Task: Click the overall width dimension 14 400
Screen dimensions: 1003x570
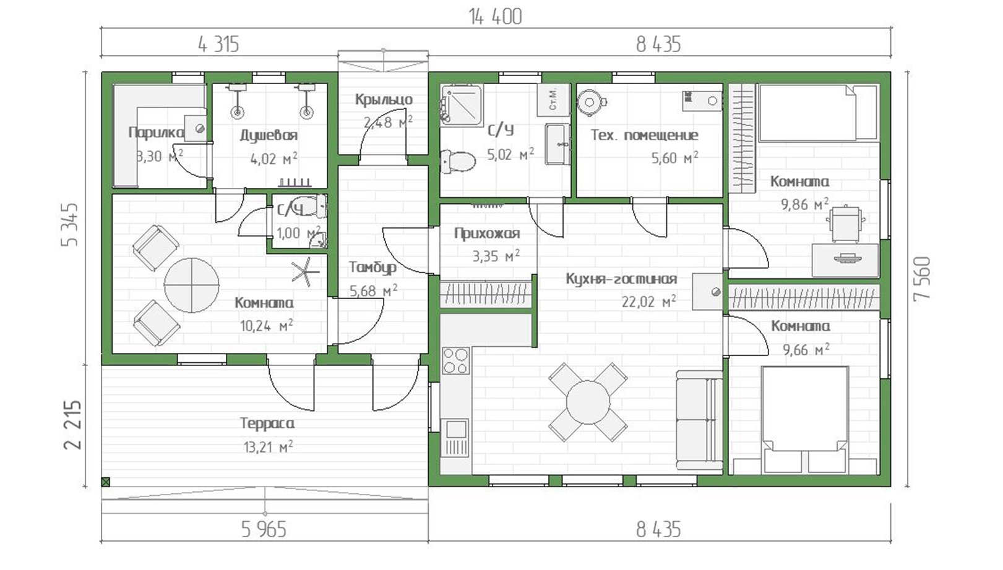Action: [x=495, y=17]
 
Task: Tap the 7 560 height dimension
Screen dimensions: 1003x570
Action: [x=923, y=279]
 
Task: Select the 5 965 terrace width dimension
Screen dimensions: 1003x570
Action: [x=264, y=530]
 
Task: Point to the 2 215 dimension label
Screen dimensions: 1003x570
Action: [x=72, y=425]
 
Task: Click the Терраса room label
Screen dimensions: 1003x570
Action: [x=267, y=423]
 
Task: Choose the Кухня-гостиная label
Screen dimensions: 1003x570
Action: [x=621, y=279]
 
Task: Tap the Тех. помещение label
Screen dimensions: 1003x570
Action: [x=644, y=135]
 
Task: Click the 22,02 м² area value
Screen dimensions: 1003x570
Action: [x=649, y=301]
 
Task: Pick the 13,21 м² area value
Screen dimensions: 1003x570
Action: [x=268, y=446]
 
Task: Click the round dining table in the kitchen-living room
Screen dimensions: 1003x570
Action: [x=588, y=402]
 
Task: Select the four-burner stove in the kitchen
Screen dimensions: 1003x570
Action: [x=455, y=360]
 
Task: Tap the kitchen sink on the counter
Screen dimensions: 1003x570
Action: [x=455, y=430]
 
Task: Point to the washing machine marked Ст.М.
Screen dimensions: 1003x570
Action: [x=553, y=100]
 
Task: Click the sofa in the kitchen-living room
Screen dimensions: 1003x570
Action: [x=699, y=420]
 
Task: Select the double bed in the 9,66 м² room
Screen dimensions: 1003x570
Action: [x=804, y=420]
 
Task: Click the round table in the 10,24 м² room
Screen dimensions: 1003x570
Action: [x=192, y=285]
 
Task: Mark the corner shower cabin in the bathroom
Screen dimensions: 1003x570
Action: [x=461, y=104]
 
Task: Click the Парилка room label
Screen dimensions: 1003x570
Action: [x=157, y=132]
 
